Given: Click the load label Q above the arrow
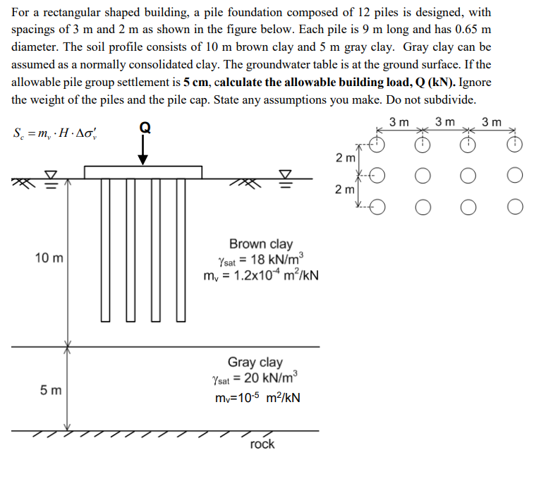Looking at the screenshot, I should [145, 127].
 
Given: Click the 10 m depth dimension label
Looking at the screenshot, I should [49, 258].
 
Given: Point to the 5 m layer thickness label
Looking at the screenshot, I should [50, 389].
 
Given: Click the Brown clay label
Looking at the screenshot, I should [260, 244].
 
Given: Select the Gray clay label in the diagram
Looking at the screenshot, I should [255, 362].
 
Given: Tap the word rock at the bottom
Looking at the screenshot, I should [262, 444].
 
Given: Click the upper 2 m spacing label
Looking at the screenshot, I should [344, 158].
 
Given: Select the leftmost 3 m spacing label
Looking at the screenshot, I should [400, 122].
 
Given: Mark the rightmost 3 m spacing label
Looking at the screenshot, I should [491, 122].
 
